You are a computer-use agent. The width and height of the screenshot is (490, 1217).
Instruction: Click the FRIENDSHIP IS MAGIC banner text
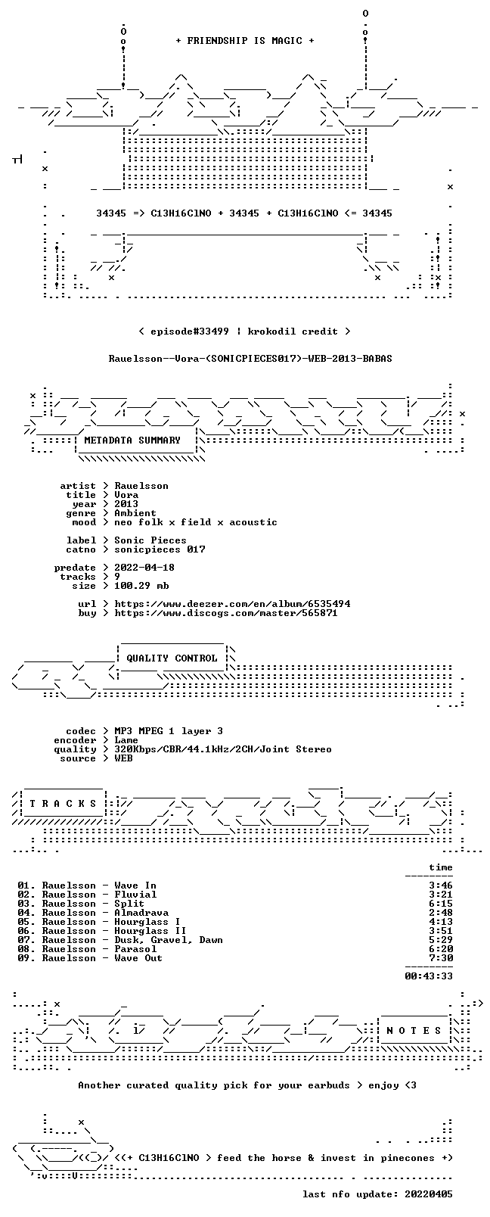point(245,41)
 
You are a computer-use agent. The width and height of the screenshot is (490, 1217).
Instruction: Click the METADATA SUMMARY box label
point(132,440)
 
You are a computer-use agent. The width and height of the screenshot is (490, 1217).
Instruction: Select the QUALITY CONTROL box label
point(172,658)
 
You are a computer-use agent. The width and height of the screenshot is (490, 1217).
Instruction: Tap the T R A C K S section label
point(63,804)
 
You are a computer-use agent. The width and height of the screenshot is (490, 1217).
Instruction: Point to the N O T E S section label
point(414,1031)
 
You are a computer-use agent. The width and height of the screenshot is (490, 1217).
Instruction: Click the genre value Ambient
point(135,513)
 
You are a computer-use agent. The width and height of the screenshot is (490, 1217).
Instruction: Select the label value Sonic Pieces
point(150,540)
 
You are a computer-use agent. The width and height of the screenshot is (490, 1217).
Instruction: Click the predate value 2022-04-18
point(144,567)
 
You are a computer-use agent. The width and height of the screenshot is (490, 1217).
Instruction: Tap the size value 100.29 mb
point(141,586)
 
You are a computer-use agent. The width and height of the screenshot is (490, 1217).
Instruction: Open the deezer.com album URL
point(232,604)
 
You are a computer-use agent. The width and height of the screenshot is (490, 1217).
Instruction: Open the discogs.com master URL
point(226,613)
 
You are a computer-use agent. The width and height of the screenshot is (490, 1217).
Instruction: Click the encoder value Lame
point(126,740)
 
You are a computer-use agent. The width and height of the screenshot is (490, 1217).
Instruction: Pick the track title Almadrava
point(141,913)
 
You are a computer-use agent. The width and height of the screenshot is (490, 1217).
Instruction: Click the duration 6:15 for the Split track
point(441,904)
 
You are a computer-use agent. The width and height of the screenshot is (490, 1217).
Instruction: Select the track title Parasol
point(135,949)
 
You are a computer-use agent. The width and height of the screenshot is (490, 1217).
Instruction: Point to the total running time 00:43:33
point(429,976)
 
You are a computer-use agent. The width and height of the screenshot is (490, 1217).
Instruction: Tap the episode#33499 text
point(189,331)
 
